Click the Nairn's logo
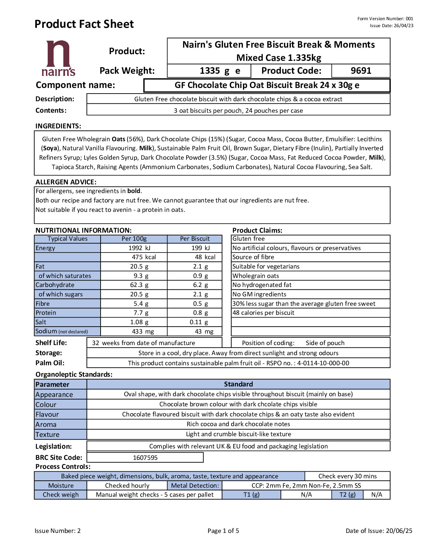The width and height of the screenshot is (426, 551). point(58,58)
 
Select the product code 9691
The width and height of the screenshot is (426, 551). point(361,71)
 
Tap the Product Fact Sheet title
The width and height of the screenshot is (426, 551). point(84,24)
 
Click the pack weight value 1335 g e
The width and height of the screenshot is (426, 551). point(220,71)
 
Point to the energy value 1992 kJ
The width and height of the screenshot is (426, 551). point(139,248)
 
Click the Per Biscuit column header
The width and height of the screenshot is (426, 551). point(195,239)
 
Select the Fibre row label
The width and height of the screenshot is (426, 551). point(43,303)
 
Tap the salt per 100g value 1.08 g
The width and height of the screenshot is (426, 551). point(139,322)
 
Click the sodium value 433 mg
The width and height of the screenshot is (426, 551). point(143,332)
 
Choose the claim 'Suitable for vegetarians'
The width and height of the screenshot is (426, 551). point(266,266)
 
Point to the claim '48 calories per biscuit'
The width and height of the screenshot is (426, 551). point(263,313)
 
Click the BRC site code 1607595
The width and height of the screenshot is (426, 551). point(145,457)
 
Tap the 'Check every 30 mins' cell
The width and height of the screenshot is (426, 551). point(347,476)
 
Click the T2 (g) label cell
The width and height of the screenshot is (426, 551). point(347,495)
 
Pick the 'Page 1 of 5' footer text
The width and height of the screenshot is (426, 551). point(223,530)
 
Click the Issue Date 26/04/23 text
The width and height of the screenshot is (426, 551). point(392,25)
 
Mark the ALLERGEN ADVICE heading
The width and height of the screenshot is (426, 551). point(66,182)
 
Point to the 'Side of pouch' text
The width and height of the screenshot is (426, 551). point(325,343)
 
